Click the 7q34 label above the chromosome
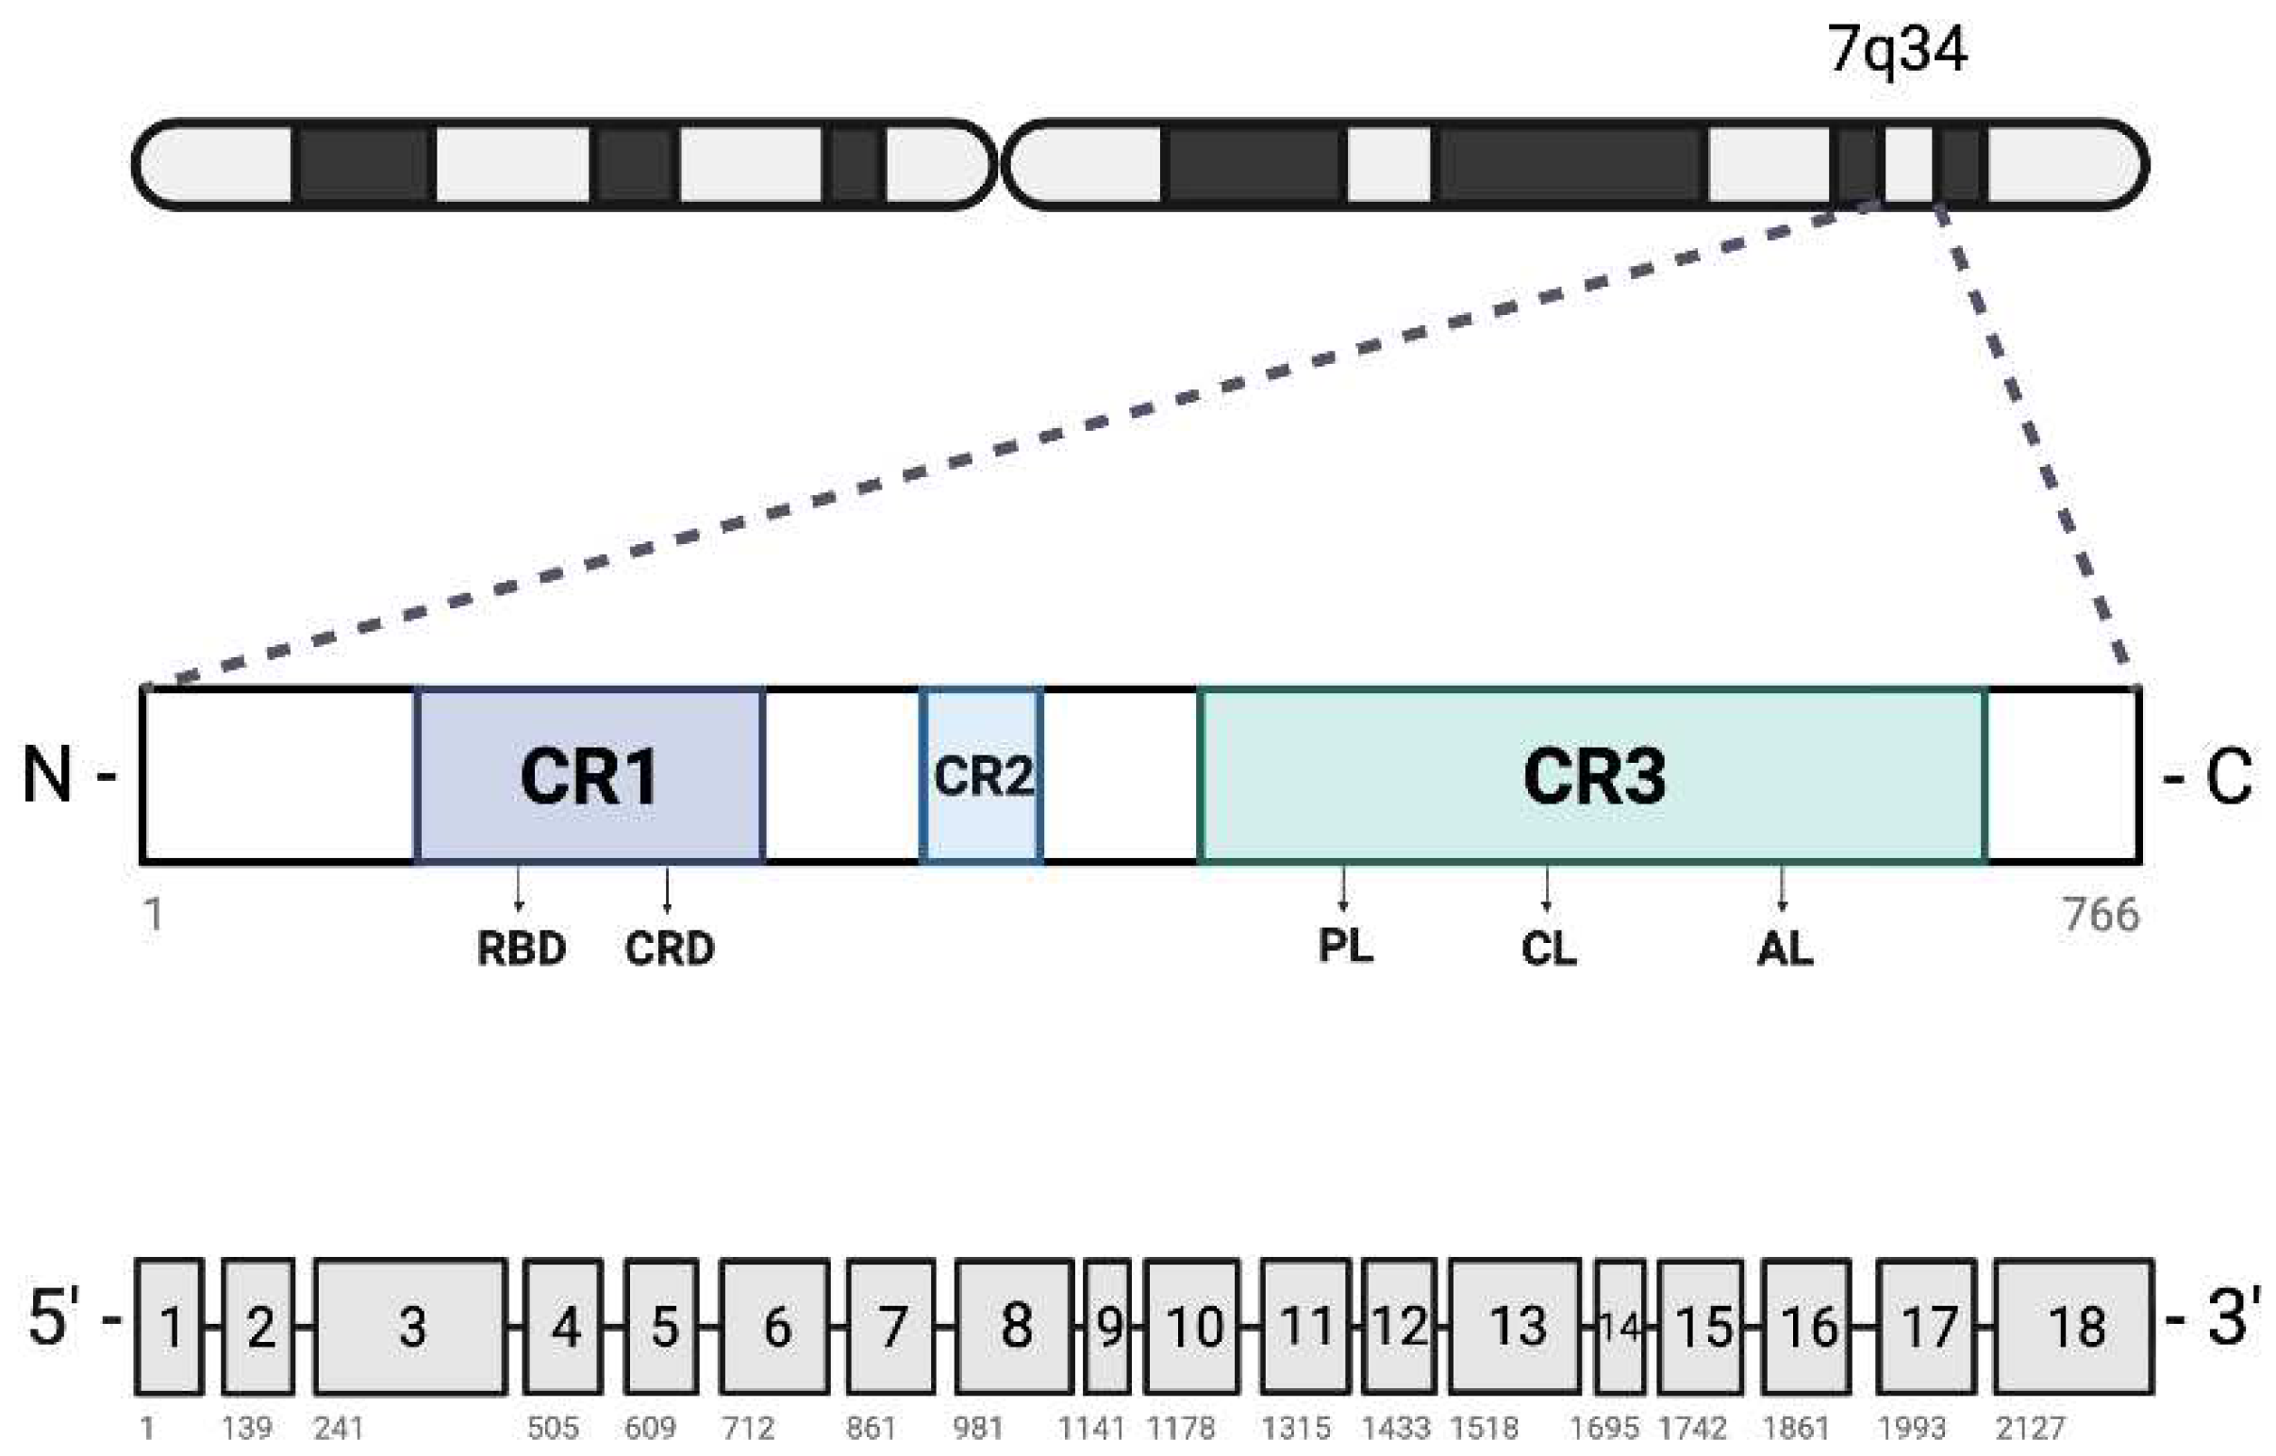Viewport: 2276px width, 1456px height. (1897, 49)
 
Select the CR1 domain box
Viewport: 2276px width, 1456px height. (590, 775)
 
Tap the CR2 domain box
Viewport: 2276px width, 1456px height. (983, 775)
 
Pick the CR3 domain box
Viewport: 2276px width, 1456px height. (1592, 775)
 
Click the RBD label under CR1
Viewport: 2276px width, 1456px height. (521, 949)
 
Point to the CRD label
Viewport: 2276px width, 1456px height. (670, 949)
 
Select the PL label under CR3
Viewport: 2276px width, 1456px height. (1346, 945)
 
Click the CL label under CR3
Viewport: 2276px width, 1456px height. (1549, 949)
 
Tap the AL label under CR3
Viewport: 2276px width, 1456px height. (1786, 949)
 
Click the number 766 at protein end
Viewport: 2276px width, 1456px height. (2102, 916)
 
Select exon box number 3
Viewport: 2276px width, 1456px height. (411, 1327)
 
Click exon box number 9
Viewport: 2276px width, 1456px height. (1108, 1327)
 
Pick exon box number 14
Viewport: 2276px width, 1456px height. (1620, 1327)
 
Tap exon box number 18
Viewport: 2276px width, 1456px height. (2075, 1327)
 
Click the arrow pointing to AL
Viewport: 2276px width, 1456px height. (1783, 888)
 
